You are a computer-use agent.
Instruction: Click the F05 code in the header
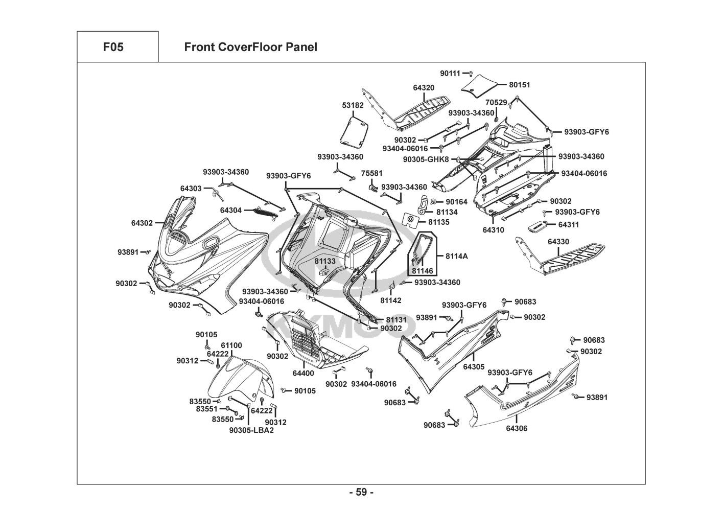point(113,48)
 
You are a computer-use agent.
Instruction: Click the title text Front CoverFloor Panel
point(250,48)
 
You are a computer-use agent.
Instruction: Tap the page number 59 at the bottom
point(361,493)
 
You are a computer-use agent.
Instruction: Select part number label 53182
point(353,105)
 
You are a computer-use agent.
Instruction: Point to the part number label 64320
point(424,88)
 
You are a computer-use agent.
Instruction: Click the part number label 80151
point(520,85)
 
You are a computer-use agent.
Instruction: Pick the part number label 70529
point(496,103)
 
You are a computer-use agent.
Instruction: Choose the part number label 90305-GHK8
point(426,159)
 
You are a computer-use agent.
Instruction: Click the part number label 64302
point(142,223)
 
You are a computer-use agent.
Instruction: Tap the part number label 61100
point(231,346)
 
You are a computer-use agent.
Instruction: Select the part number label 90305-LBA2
point(251,430)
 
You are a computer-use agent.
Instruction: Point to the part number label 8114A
point(456,256)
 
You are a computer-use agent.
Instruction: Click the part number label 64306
point(517,429)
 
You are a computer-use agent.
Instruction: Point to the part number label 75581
point(372,174)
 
